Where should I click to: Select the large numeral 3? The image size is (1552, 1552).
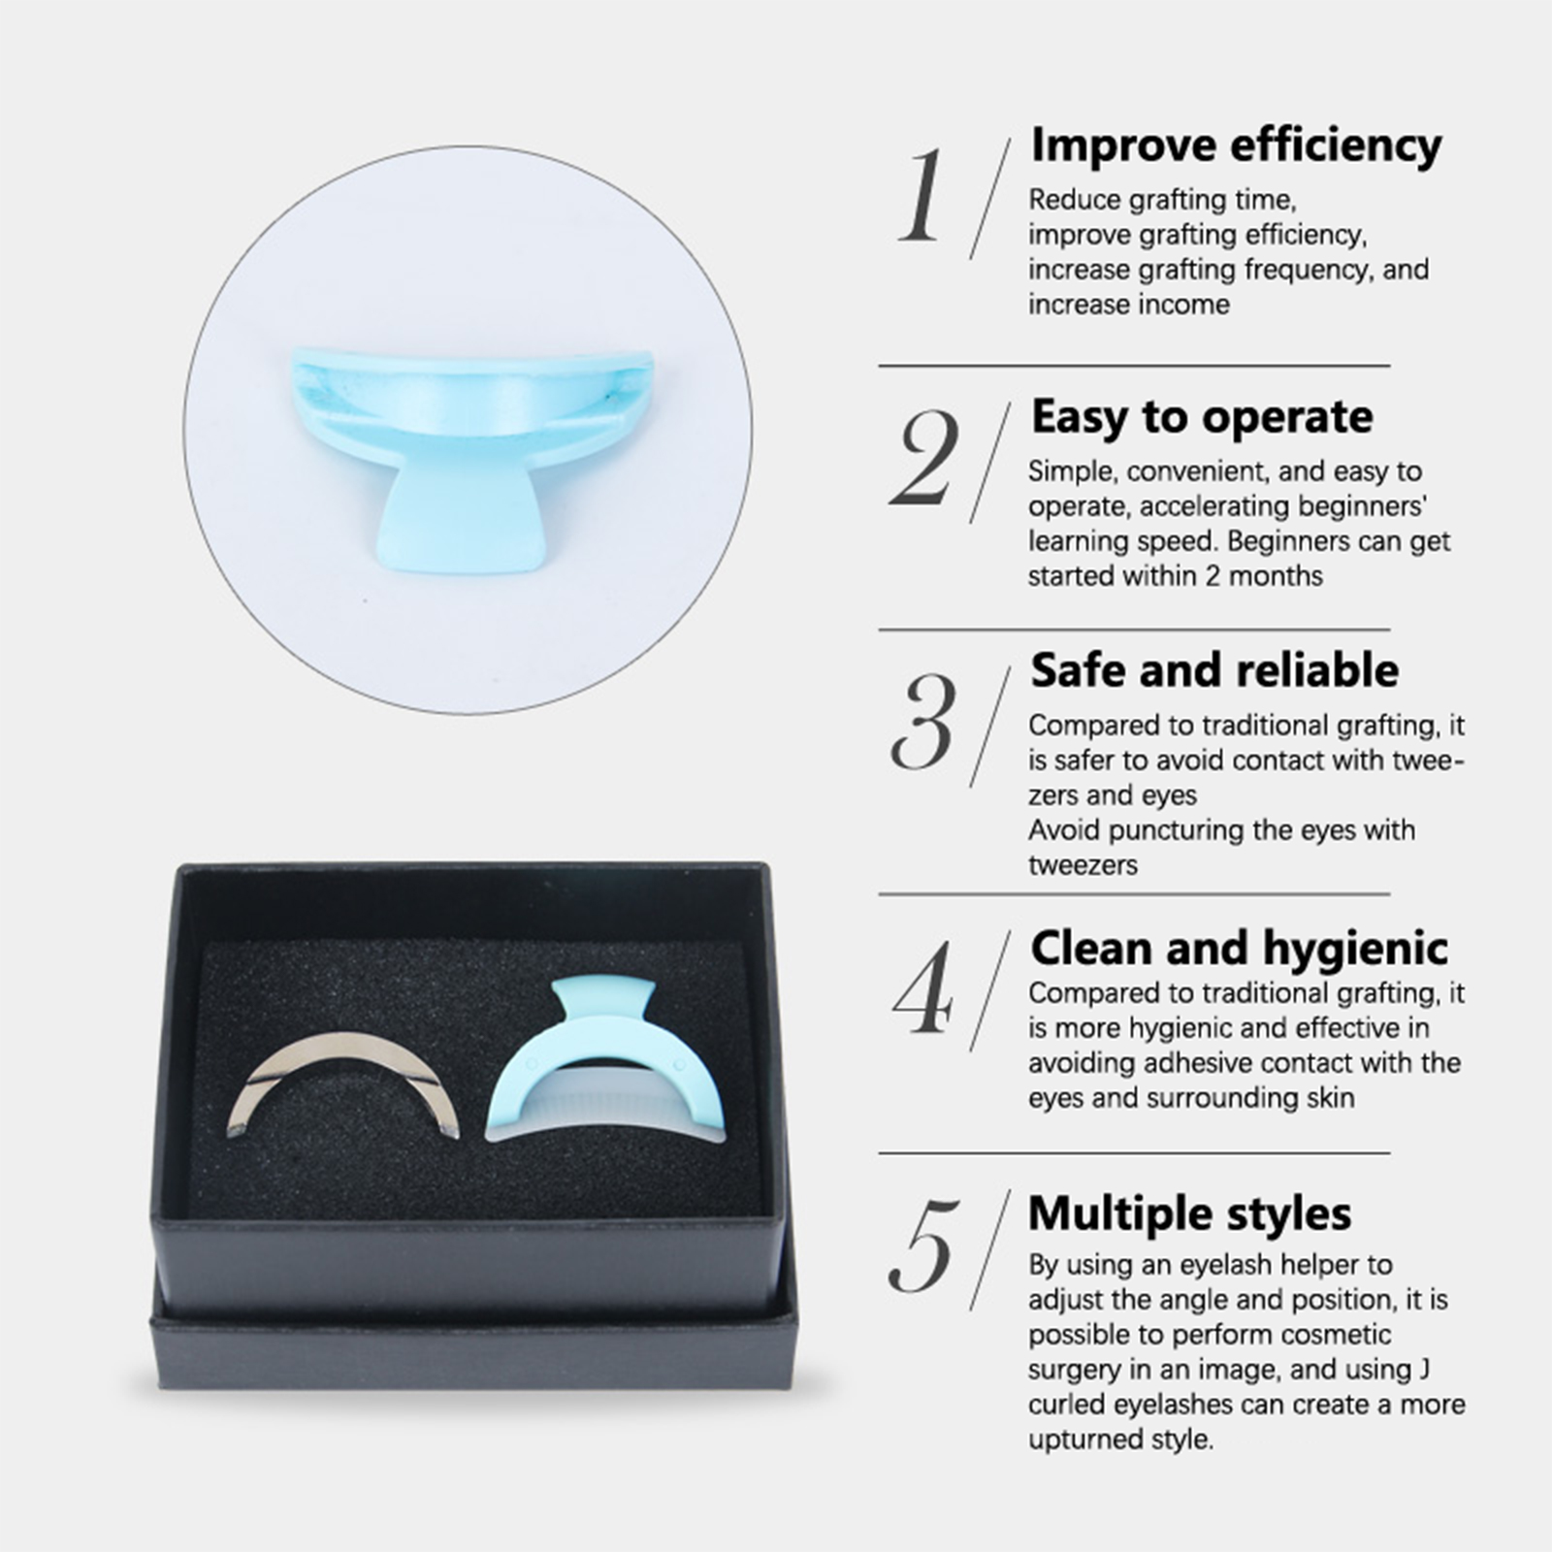click(x=923, y=722)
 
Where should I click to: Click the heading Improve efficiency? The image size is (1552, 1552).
click(x=1236, y=146)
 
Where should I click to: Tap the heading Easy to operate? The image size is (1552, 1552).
click(x=1202, y=418)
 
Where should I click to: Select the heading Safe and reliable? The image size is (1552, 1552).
click(x=1214, y=670)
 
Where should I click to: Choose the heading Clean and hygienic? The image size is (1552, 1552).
click(x=1239, y=949)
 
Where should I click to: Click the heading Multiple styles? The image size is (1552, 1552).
click(x=1190, y=1213)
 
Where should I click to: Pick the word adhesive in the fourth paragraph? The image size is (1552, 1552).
click(x=1200, y=1063)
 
